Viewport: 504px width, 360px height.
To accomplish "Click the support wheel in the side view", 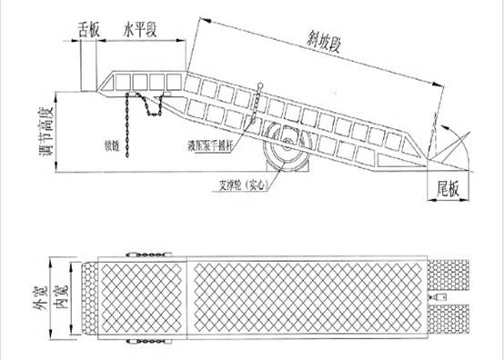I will pyautogui.click(x=287, y=145).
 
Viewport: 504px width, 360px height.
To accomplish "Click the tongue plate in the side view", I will pyautogui.click(x=89, y=67).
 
